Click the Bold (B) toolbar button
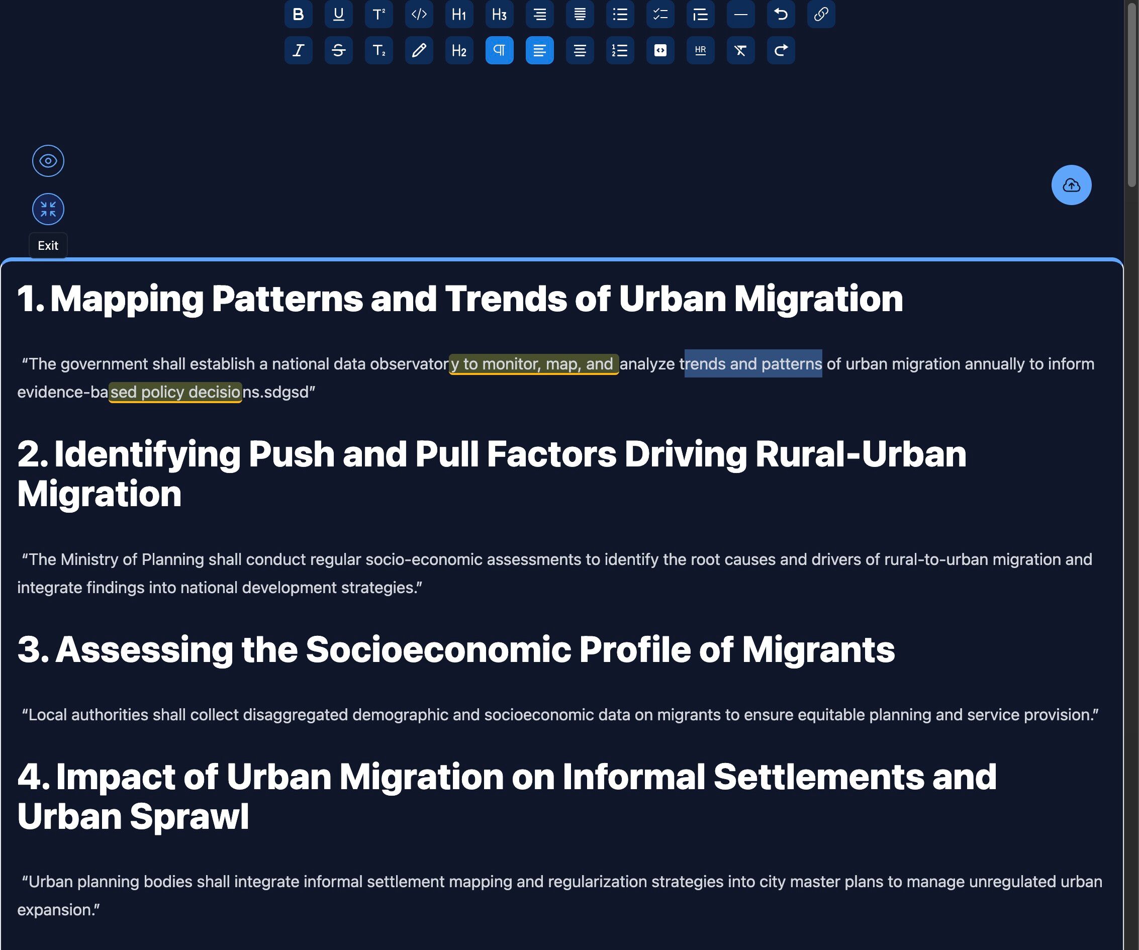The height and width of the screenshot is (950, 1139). click(x=298, y=14)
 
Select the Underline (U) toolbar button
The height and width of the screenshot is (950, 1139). click(x=338, y=14)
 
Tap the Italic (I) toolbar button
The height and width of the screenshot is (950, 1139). click(x=298, y=50)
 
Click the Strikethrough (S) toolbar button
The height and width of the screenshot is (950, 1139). click(x=338, y=50)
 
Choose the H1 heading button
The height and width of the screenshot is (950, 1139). click(x=459, y=14)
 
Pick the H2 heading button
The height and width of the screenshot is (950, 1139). click(x=459, y=50)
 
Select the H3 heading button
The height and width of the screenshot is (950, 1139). click(x=500, y=14)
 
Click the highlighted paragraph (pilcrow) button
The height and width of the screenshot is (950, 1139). click(x=500, y=50)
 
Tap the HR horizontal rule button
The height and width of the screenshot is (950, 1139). click(x=701, y=50)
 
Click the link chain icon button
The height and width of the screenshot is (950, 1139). click(x=821, y=14)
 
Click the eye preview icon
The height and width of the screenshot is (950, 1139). click(x=48, y=161)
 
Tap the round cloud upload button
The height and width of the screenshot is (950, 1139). click(x=1071, y=185)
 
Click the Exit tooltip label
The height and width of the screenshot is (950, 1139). click(x=48, y=246)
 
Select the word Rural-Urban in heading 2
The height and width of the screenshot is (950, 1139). click(x=861, y=454)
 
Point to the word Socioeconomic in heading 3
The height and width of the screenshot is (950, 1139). click(x=439, y=649)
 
